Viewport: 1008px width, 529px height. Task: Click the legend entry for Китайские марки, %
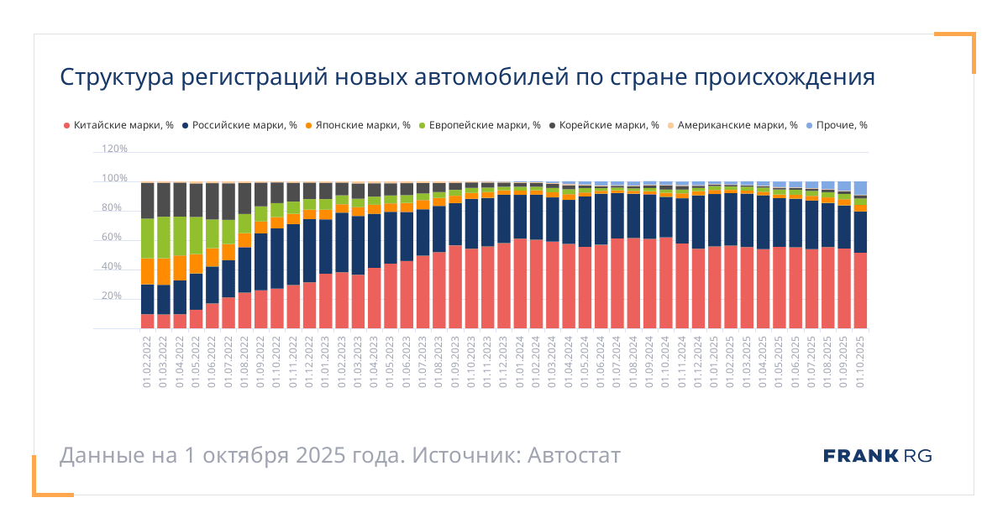(118, 125)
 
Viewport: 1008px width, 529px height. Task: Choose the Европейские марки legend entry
(478, 125)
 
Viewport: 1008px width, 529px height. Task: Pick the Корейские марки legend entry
(602, 125)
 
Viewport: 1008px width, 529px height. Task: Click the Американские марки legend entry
(731, 125)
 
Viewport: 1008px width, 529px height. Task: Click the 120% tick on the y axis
(114, 149)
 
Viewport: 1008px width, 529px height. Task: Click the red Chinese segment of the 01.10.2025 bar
(859, 290)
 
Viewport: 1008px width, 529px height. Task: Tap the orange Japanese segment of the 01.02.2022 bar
(148, 271)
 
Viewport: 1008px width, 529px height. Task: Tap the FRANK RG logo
(877, 456)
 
